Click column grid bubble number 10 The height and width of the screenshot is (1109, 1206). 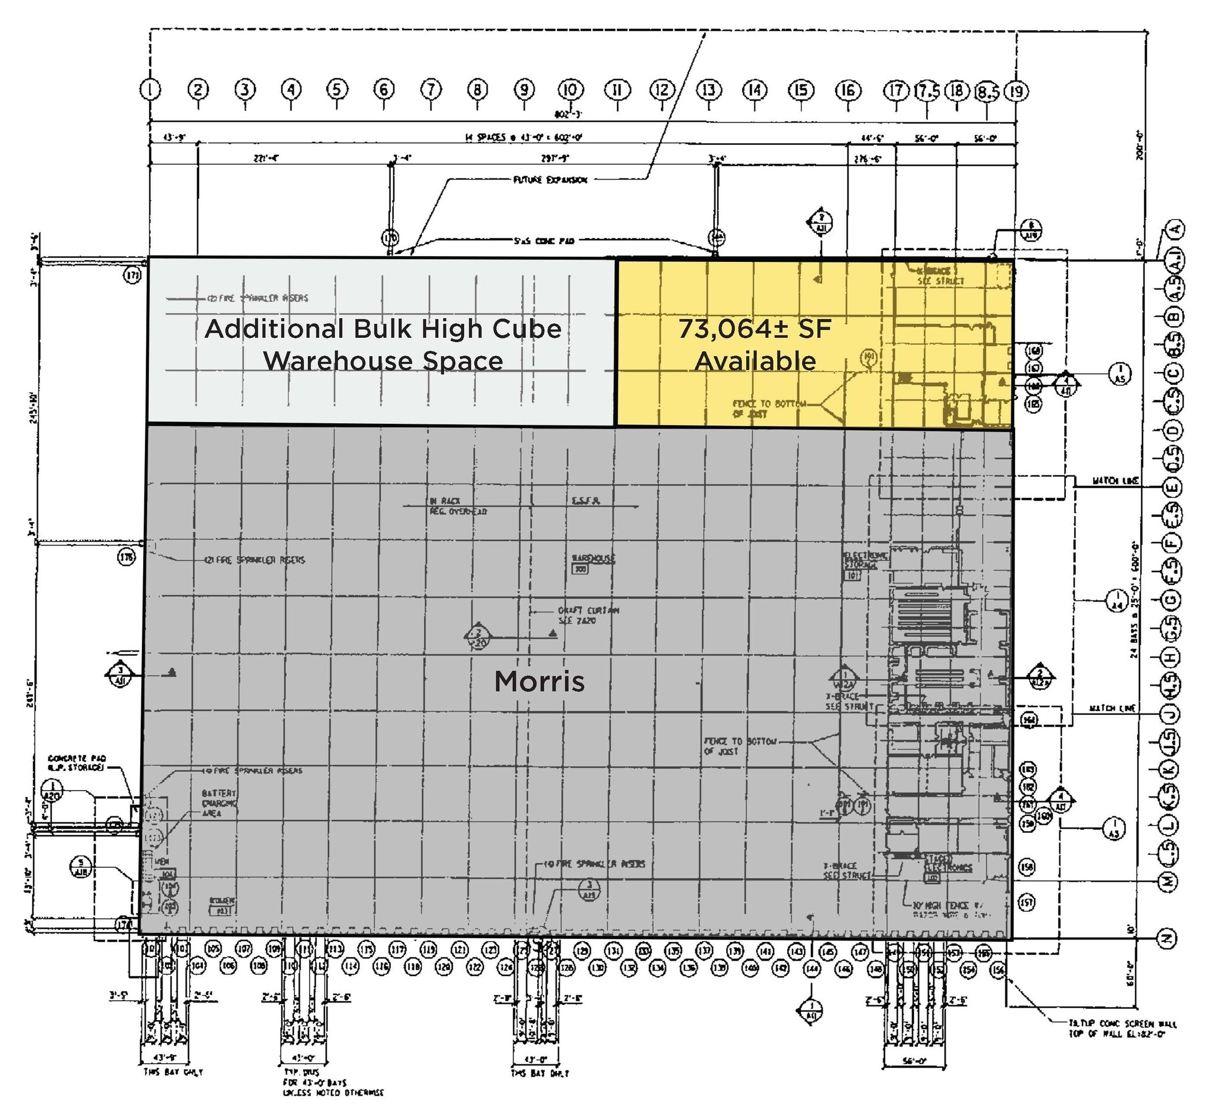[x=570, y=90]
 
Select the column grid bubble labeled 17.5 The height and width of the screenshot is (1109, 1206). [x=927, y=91]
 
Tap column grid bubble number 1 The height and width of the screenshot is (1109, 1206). [x=150, y=89]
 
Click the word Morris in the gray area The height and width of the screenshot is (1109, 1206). [x=538, y=681]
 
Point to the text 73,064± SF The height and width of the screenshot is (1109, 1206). [x=754, y=329]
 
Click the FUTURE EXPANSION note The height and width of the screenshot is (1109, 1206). [x=550, y=180]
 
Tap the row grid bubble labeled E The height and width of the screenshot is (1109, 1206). [x=1171, y=487]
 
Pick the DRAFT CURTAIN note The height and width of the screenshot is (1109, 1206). [x=588, y=615]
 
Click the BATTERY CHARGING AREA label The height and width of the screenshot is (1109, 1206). [x=219, y=803]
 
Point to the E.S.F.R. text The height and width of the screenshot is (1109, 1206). [x=586, y=500]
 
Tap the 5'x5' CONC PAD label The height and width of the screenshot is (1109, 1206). [x=544, y=241]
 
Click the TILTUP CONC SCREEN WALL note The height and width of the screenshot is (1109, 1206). [x=1122, y=1028]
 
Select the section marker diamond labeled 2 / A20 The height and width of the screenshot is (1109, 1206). [x=478, y=637]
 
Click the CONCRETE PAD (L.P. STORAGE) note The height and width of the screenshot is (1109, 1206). [x=76, y=762]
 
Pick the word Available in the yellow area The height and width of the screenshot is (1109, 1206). [x=754, y=361]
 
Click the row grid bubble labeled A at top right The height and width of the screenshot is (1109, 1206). [x=1175, y=228]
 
